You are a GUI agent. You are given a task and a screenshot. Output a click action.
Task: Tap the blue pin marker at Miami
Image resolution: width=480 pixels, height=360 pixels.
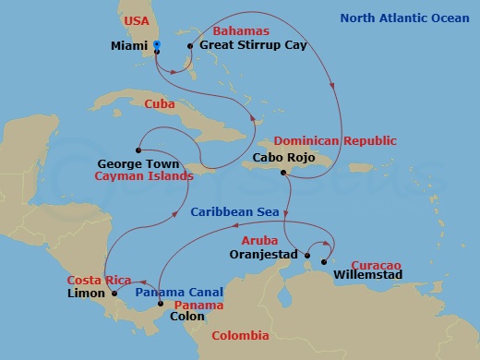pyautogui.click(x=157, y=44)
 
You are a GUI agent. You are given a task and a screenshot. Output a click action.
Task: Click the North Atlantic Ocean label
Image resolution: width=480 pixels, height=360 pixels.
pyautogui.click(x=405, y=18)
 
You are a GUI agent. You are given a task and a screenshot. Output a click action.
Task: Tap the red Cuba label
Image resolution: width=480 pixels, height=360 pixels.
pyautogui.click(x=160, y=104)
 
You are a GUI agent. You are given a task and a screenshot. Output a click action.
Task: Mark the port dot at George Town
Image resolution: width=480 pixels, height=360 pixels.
pyautogui.click(x=138, y=150)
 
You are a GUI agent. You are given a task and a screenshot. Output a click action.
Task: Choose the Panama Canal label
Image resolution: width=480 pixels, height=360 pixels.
pyautogui.click(x=173, y=291)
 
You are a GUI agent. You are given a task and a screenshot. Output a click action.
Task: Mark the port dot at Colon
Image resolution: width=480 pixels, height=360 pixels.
pyautogui.click(x=161, y=304)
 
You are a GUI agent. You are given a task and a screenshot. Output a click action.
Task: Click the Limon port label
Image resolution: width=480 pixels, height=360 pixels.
pyautogui.click(x=86, y=294)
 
